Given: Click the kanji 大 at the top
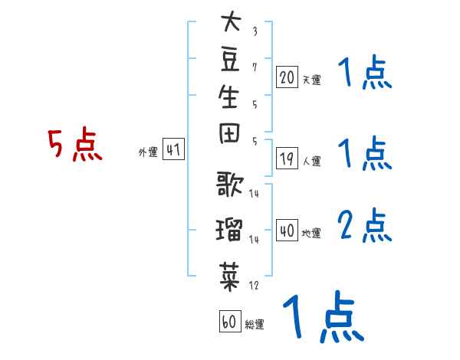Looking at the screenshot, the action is pyautogui.click(x=232, y=21).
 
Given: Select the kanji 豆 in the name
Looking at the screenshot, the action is pyautogui.click(x=230, y=60).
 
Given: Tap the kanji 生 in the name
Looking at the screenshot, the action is pyautogui.click(x=228, y=97).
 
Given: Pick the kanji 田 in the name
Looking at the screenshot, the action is pyautogui.click(x=229, y=133).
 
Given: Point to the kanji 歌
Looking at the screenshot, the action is pyautogui.click(x=230, y=184).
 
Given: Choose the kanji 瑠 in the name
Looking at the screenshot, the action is pyautogui.click(x=229, y=229).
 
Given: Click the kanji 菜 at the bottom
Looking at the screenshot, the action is pyautogui.click(x=230, y=277).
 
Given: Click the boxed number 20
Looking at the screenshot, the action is pyautogui.click(x=287, y=77).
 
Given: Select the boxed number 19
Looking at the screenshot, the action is pyautogui.click(x=287, y=159).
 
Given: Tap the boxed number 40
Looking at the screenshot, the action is pyautogui.click(x=287, y=231).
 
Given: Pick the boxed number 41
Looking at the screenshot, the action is pyautogui.click(x=173, y=149).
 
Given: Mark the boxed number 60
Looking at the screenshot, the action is pyautogui.click(x=230, y=321).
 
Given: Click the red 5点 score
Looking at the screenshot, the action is pyautogui.click(x=75, y=144).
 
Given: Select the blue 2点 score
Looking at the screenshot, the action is pyautogui.click(x=365, y=225).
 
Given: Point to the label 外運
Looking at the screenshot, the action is pyautogui.click(x=148, y=152).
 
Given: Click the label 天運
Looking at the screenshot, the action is pyautogui.click(x=312, y=80).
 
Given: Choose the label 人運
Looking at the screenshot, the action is pyautogui.click(x=312, y=162).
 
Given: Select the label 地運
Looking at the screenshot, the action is pyautogui.click(x=311, y=234).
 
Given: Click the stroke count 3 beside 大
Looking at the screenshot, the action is pyautogui.click(x=255, y=31).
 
